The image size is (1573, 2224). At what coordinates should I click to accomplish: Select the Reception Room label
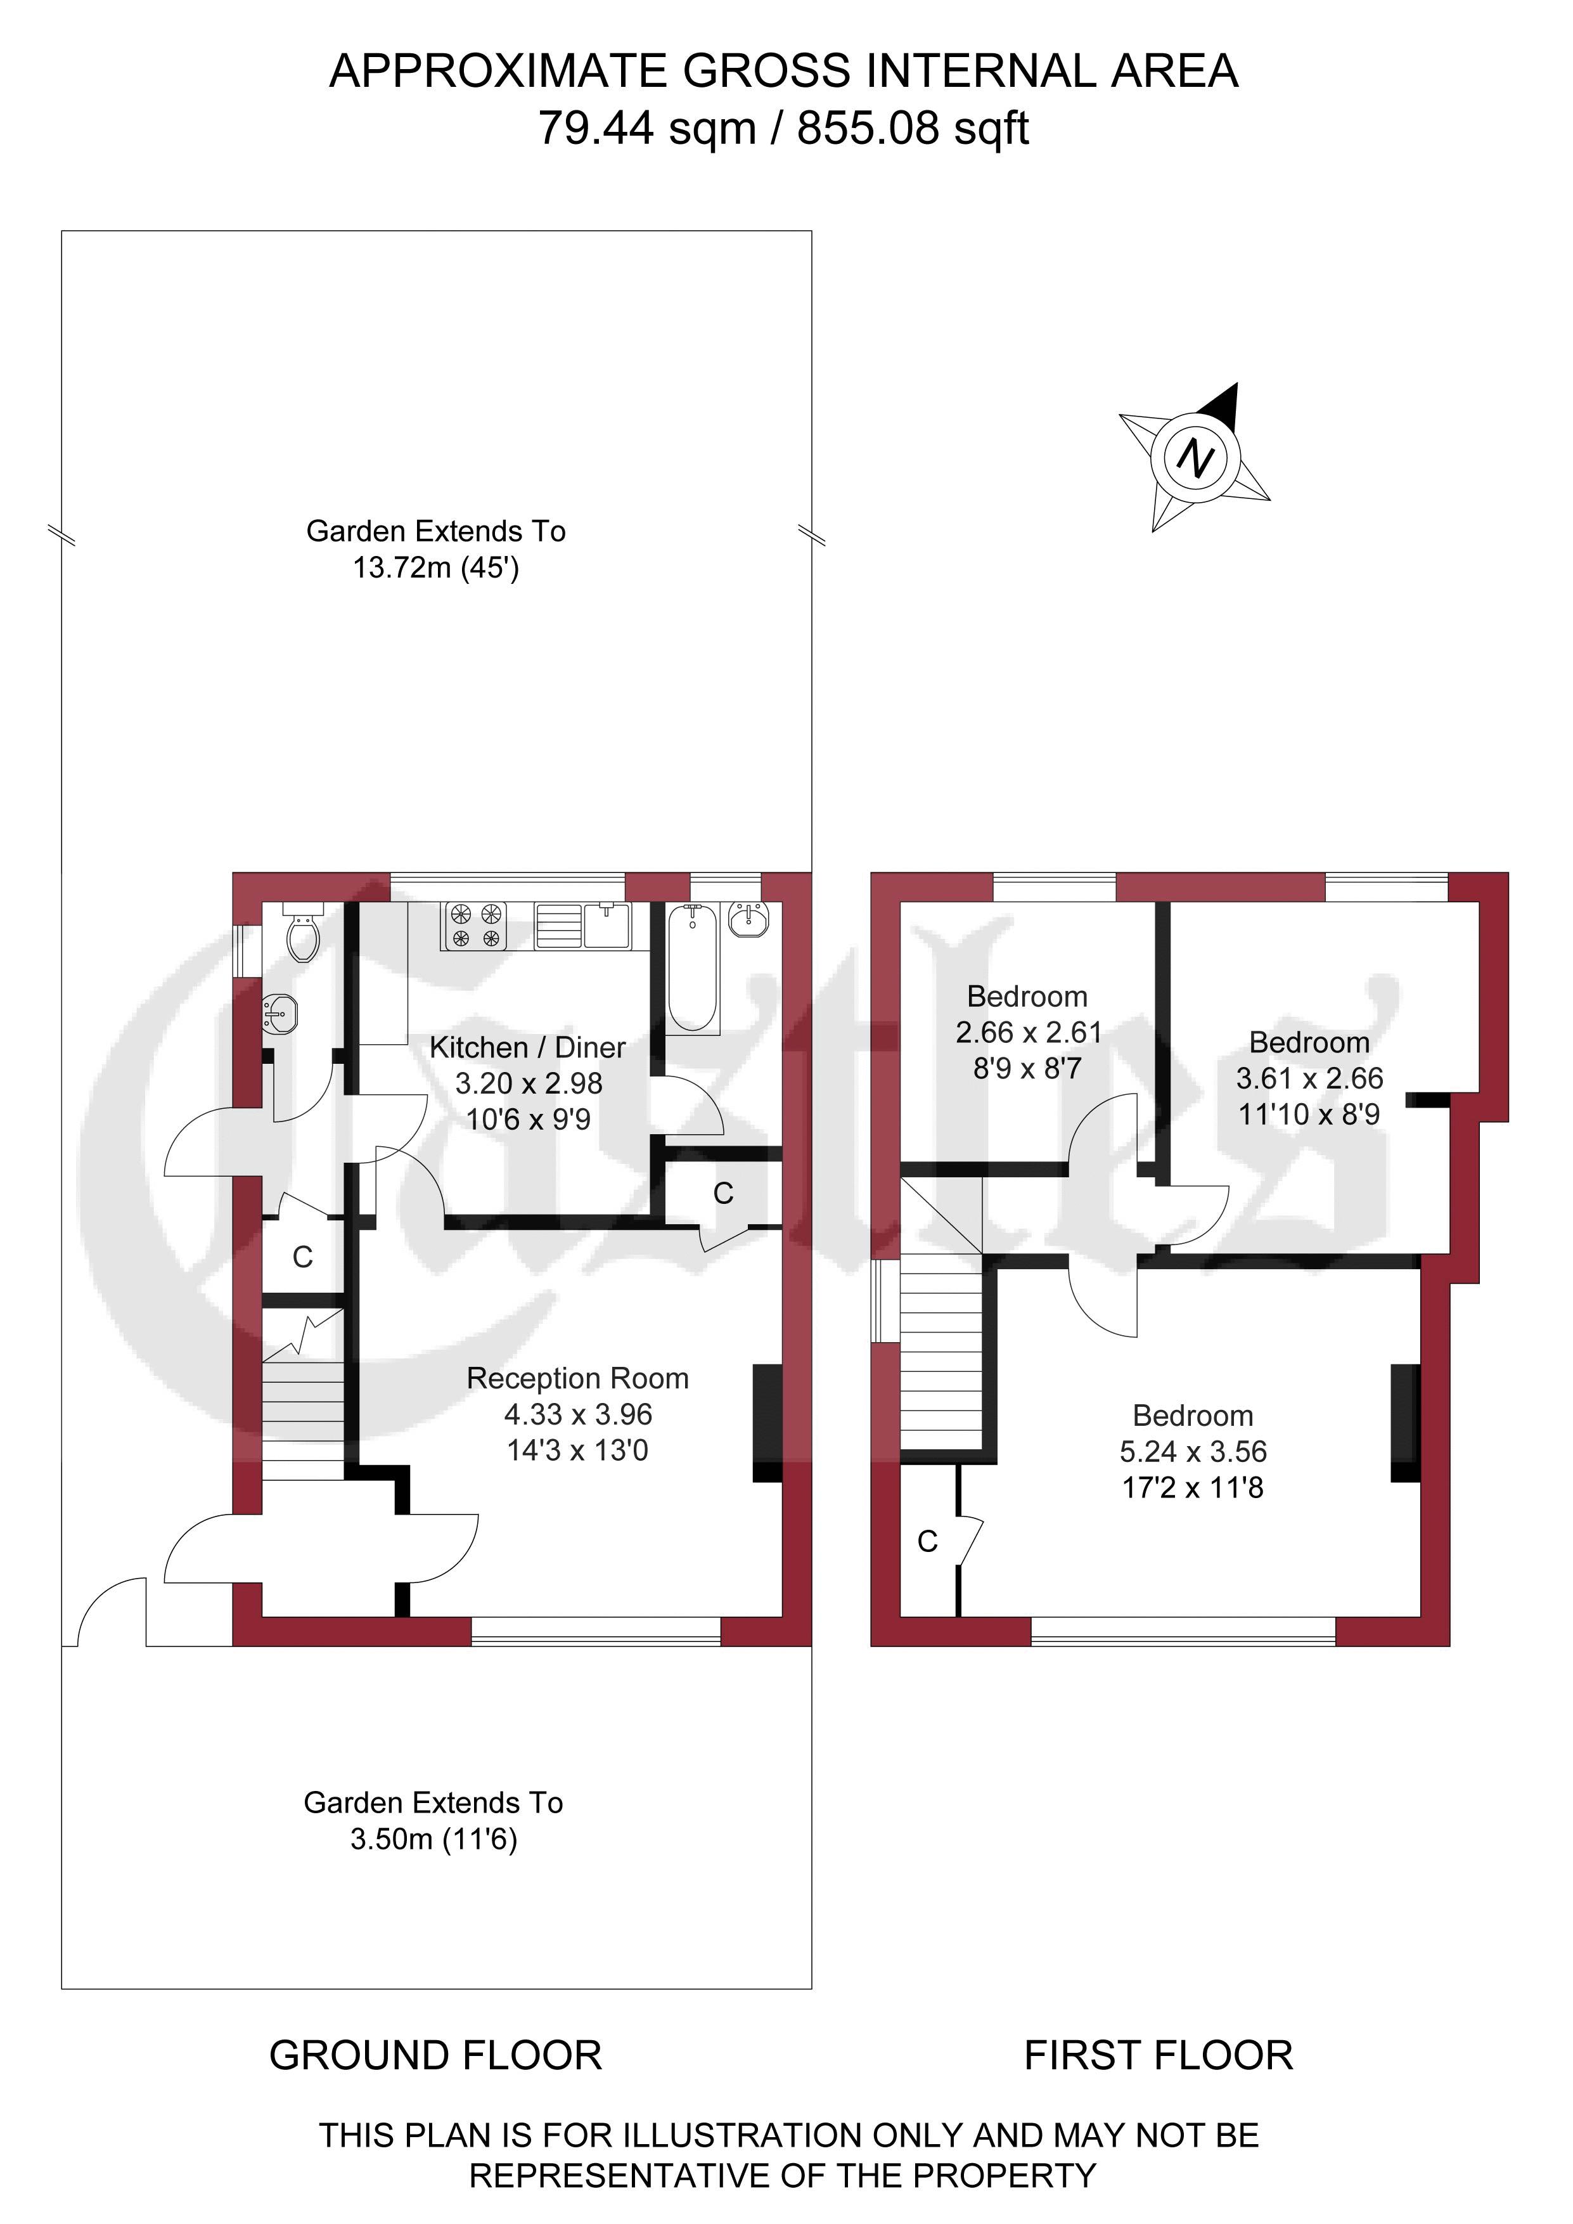577,1378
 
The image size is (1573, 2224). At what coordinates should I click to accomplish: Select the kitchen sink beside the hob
607,925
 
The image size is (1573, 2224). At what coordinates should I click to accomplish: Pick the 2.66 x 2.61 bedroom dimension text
1029,1033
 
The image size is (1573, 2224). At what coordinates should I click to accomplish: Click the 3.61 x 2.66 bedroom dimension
1309,1078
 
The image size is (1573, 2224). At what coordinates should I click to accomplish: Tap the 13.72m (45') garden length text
436,567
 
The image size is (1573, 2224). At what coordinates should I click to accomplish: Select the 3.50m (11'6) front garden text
434,1839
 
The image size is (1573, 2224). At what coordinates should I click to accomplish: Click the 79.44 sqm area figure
647,127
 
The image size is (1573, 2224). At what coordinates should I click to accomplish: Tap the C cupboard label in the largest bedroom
927,1541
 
